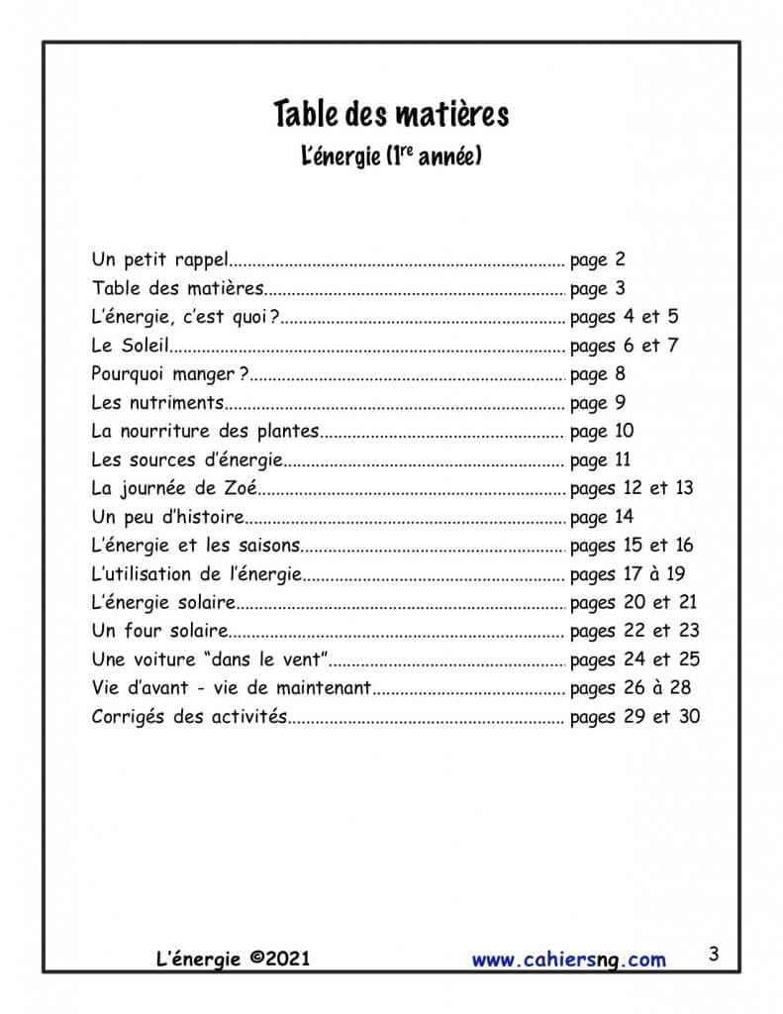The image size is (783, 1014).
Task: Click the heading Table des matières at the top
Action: click(x=391, y=115)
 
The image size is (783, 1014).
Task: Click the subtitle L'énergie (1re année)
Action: click(x=391, y=155)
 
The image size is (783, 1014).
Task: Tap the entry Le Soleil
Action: click(x=131, y=347)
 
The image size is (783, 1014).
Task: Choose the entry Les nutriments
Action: click(x=158, y=404)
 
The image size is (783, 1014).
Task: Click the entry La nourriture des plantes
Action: click(x=205, y=432)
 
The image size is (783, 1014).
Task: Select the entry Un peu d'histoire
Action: click(x=167, y=517)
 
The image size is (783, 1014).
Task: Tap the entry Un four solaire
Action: click(x=159, y=631)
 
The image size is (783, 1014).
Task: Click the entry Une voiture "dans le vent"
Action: click(x=210, y=659)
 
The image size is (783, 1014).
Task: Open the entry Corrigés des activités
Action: click(x=189, y=717)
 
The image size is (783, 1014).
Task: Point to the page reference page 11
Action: click(x=601, y=460)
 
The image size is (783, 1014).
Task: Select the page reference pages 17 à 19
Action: click(x=629, y=574)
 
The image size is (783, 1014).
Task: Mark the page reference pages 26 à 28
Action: click(x=631, y=688)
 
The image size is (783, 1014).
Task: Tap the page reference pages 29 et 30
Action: click(x=636, y=717)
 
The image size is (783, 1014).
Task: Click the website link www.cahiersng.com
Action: click(x=568, y=959)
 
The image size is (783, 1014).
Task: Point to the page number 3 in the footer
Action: click(x=714, y=956)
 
